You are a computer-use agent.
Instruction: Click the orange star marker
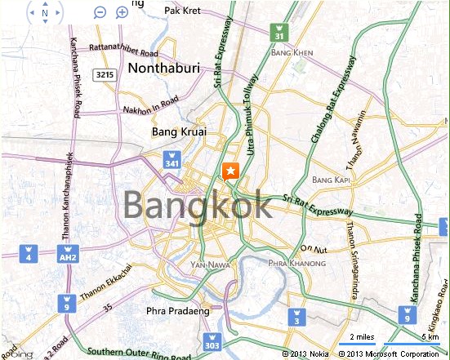click(230, 171)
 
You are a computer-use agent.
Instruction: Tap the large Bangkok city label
click(198, 205)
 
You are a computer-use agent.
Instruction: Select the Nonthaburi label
click(163, 69)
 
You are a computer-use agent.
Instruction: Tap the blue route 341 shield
click(172, 159)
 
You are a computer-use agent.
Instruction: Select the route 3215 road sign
click(104, 74)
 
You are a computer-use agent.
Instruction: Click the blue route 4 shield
click(28, 253)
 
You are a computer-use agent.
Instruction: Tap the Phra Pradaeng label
click(172, 310)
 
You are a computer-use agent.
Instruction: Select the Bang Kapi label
click(331, 179)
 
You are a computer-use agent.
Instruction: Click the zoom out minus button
click(100, 12)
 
